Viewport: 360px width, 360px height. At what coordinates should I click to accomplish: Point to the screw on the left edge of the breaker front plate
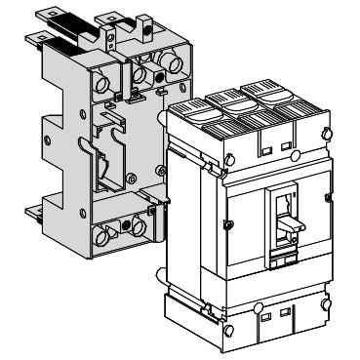tap(226, 225)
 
